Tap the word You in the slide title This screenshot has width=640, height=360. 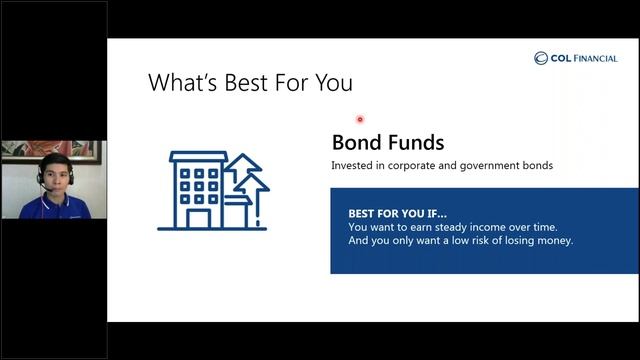tap(331, 83)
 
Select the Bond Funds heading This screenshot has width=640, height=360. tap(388, 143)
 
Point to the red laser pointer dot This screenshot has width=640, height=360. tap(360, 119)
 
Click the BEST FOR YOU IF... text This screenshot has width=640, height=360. tap(397, 214)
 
